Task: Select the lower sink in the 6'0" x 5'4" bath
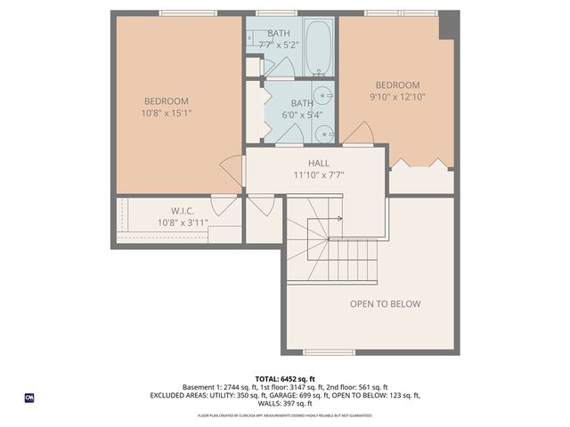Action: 325,134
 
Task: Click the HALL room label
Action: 319,164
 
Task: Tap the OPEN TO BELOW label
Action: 385,304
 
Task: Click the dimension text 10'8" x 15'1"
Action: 167,113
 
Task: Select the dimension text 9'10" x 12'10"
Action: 396,97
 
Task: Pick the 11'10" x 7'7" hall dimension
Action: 319,175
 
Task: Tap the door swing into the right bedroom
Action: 359,134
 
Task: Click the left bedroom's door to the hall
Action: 232,171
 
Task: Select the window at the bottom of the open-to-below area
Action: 329,352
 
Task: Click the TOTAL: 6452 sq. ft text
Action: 285,379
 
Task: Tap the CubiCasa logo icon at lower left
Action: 28,398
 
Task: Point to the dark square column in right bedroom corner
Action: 450,25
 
